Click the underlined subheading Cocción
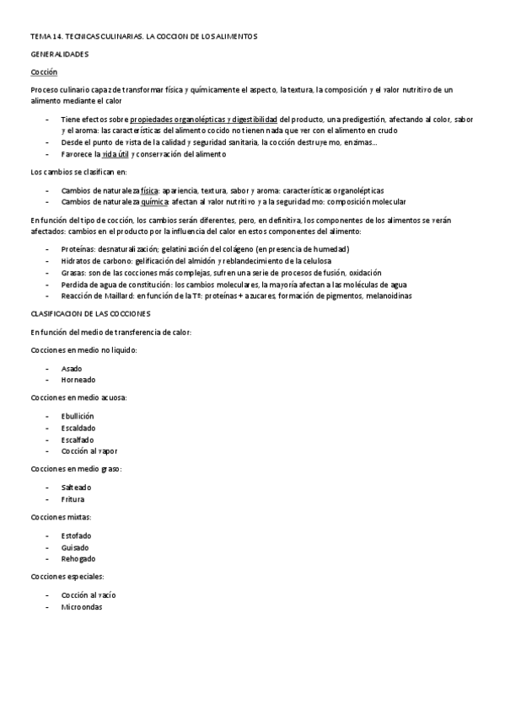pos(44,72)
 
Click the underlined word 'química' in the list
pos(154,202)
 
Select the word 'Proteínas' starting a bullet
pos(78,249)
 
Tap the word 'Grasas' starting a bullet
pos(73,273)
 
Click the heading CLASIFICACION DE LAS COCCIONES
pos(90,313)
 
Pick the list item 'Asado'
pos(72,369)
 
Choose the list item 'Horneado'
pos(78,380)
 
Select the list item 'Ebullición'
pos(78,416)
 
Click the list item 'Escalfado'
pos(78,440)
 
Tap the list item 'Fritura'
pos(73,498)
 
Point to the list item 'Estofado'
pos(77,535)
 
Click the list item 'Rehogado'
pos(78,558)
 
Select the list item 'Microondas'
pos(81,606)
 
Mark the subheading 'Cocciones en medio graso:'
pos(76,468)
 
